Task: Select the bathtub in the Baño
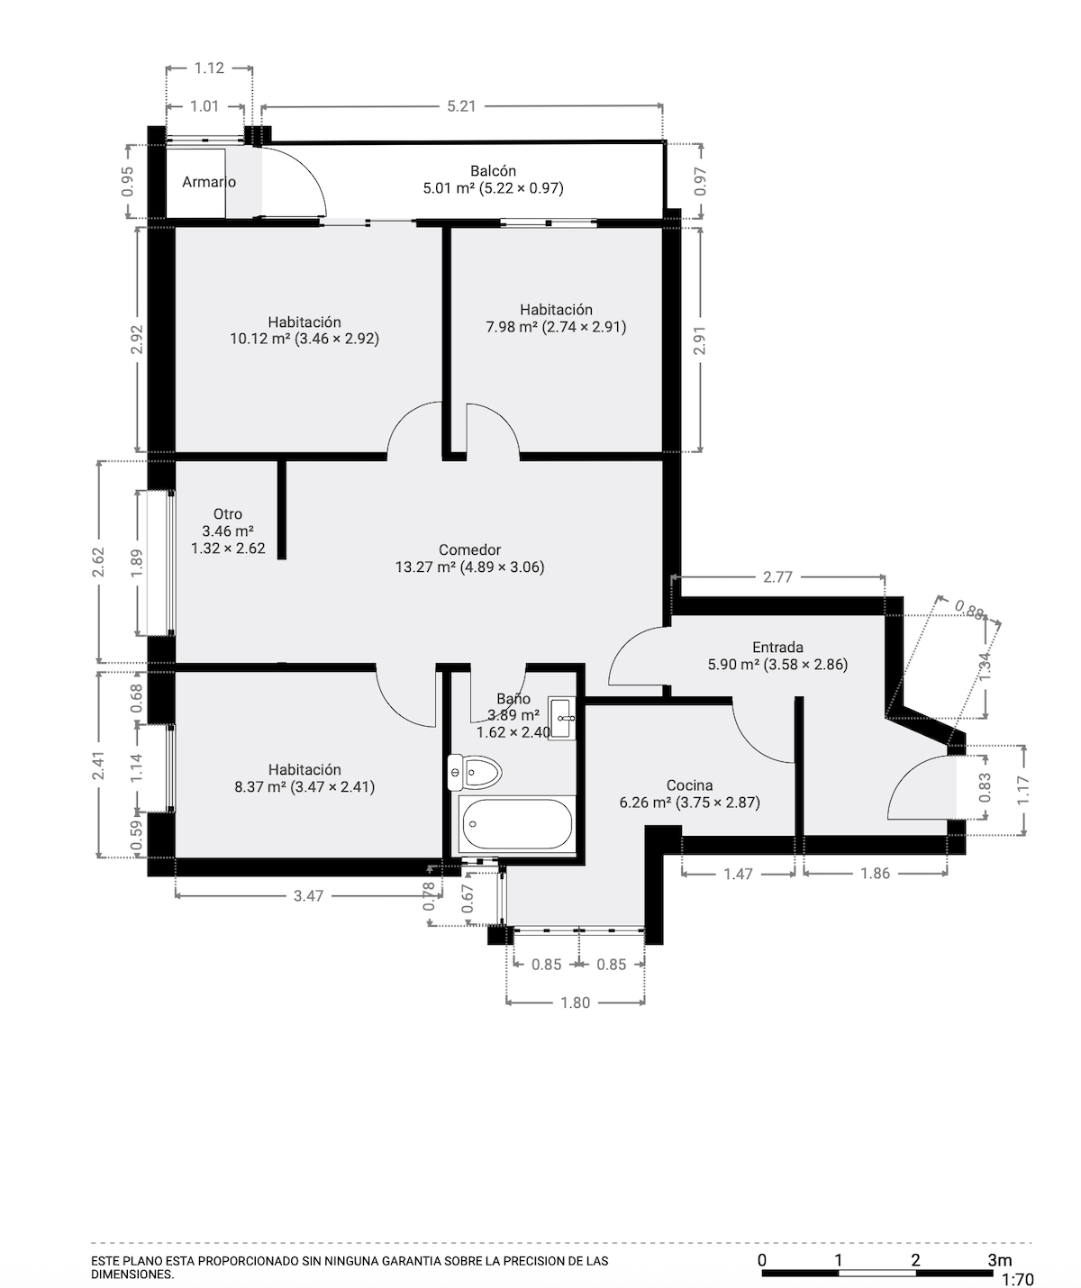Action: [x=516, y=824]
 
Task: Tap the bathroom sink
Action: [x=561, y=718]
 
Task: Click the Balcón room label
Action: [x=493, y=171]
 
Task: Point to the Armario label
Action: [x=209, y=182]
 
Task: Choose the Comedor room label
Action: [x=469, y=550]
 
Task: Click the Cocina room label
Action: [x=689, y=785]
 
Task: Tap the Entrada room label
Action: [x=777, y=648]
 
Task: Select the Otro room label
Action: [x=228, y=514]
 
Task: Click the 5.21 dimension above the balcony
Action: [x=461, y=106]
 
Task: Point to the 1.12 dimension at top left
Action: [x=209, y=68]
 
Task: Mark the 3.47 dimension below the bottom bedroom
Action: [x=308, y=896]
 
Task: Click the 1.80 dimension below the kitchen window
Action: [x=576, y=1002]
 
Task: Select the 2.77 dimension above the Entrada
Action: [x=777, y=577]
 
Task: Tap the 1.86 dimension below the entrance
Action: [x=875, y=873]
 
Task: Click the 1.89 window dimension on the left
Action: [x=136, y=563]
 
